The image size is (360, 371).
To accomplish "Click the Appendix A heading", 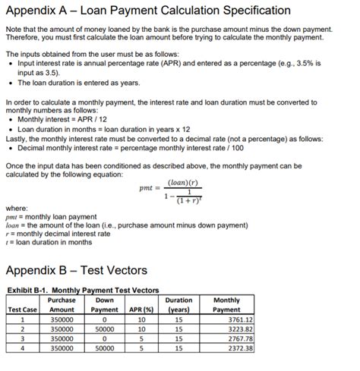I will tap(148, 11).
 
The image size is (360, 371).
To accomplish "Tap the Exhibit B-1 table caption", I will tap(83, 291).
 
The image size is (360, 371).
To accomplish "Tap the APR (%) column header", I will tap(140, 310).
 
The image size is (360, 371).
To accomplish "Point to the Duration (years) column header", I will tap(179, 305).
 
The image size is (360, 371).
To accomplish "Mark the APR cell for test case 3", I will tap(141, 339).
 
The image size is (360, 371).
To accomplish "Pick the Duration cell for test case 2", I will tap(179, 330).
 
